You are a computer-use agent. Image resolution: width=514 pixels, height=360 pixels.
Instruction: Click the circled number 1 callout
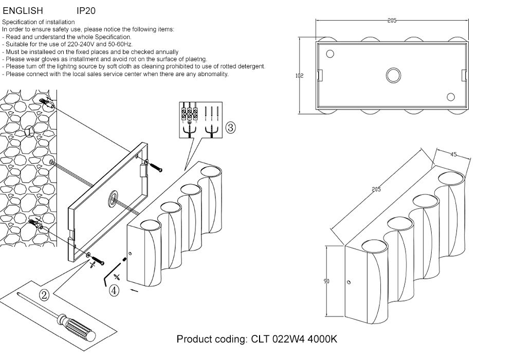(x=29, y=132)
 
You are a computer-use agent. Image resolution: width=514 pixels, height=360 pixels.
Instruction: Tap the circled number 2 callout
(x=44, y=295)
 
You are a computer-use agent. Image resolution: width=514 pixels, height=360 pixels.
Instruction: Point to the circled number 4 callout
(x=114, y=291)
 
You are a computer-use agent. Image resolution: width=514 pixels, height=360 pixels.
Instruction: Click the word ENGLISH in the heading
(x=23, y=10)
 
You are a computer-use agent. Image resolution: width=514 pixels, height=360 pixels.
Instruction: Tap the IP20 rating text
(x=85, y=10)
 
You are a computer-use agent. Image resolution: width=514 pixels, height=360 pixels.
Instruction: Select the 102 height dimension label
(x=300, y=76)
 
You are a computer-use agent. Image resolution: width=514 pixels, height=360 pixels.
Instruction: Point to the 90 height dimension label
(x=326, y=281)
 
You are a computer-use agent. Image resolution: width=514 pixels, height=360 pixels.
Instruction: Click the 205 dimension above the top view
(x=392, y=21)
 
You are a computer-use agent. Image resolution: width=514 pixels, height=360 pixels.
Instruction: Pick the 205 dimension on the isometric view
(x=376, y=190)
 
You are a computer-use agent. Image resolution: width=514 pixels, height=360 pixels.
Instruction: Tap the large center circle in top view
(x=393, y=75)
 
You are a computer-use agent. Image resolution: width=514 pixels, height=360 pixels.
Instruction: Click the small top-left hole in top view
(x=330, y=53)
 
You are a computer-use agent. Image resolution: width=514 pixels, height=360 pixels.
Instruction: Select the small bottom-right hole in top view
(x=451, y=97)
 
